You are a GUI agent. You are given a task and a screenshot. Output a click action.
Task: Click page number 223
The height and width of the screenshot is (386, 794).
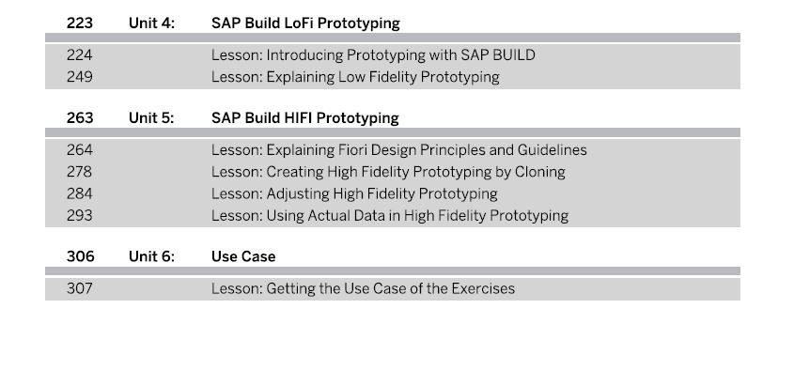(80, 23)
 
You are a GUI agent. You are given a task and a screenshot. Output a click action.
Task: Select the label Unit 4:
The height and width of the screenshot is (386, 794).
(151, 23)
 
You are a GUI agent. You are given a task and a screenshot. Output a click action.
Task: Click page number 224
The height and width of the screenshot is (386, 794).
(80, 55)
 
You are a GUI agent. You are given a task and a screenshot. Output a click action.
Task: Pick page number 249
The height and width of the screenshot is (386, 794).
(80, 77)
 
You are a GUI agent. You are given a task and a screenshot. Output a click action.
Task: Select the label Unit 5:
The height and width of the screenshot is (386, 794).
(151, 118)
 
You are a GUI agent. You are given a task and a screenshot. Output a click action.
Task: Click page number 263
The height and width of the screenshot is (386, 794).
(80, 118)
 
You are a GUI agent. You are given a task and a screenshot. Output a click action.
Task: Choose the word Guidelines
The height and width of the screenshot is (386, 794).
(552, 150)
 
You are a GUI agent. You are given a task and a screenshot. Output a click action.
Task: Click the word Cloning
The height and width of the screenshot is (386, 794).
(539, 172)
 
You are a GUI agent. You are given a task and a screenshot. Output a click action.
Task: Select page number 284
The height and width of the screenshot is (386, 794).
(80, 193)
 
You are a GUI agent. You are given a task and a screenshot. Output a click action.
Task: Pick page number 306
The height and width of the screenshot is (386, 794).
(80, 256)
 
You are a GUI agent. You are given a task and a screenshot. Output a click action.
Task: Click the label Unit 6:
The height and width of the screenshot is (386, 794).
(151, 256)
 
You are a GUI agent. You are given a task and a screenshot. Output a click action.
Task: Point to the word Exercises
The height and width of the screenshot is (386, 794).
(483, 289)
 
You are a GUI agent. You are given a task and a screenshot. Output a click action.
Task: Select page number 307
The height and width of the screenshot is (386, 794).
(80, 289)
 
